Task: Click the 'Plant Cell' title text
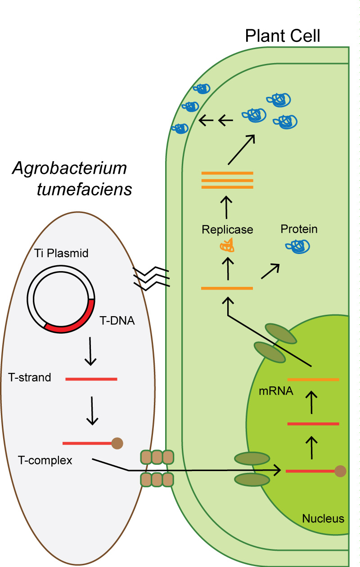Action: click(283, 36)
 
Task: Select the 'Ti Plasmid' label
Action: click(61, 253)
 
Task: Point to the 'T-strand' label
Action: click(30, 377)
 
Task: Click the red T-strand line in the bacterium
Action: click(91, 379)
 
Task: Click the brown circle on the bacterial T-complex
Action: click(117, 443)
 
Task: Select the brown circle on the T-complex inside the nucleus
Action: click(340, 471)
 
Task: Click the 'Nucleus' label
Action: click(323, 518)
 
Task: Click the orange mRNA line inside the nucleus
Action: click(313, 380)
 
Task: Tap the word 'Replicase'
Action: click(227, 230)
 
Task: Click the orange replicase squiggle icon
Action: click(228, 245)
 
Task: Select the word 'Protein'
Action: click(299, 229)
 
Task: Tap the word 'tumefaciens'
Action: click(84, 190)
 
